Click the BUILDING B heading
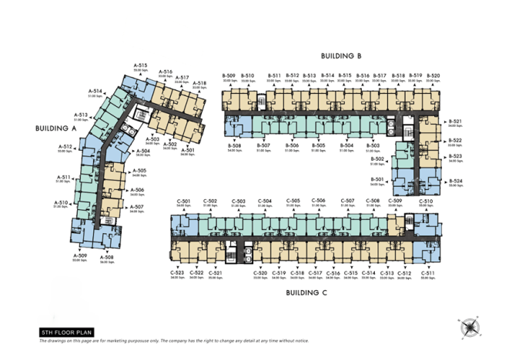click(340, 56)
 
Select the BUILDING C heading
click(307, 293)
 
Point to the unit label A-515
click(140, 65)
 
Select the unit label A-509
click(80, 255)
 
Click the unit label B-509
click(229, 75)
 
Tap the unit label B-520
click(433, 75)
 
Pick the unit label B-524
click(455, 182)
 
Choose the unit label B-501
click(376, 178)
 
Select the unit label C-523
click(177, 273)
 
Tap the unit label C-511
click(428, 273)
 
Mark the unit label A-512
click(65, 146)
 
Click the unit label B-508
click(235, 145)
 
